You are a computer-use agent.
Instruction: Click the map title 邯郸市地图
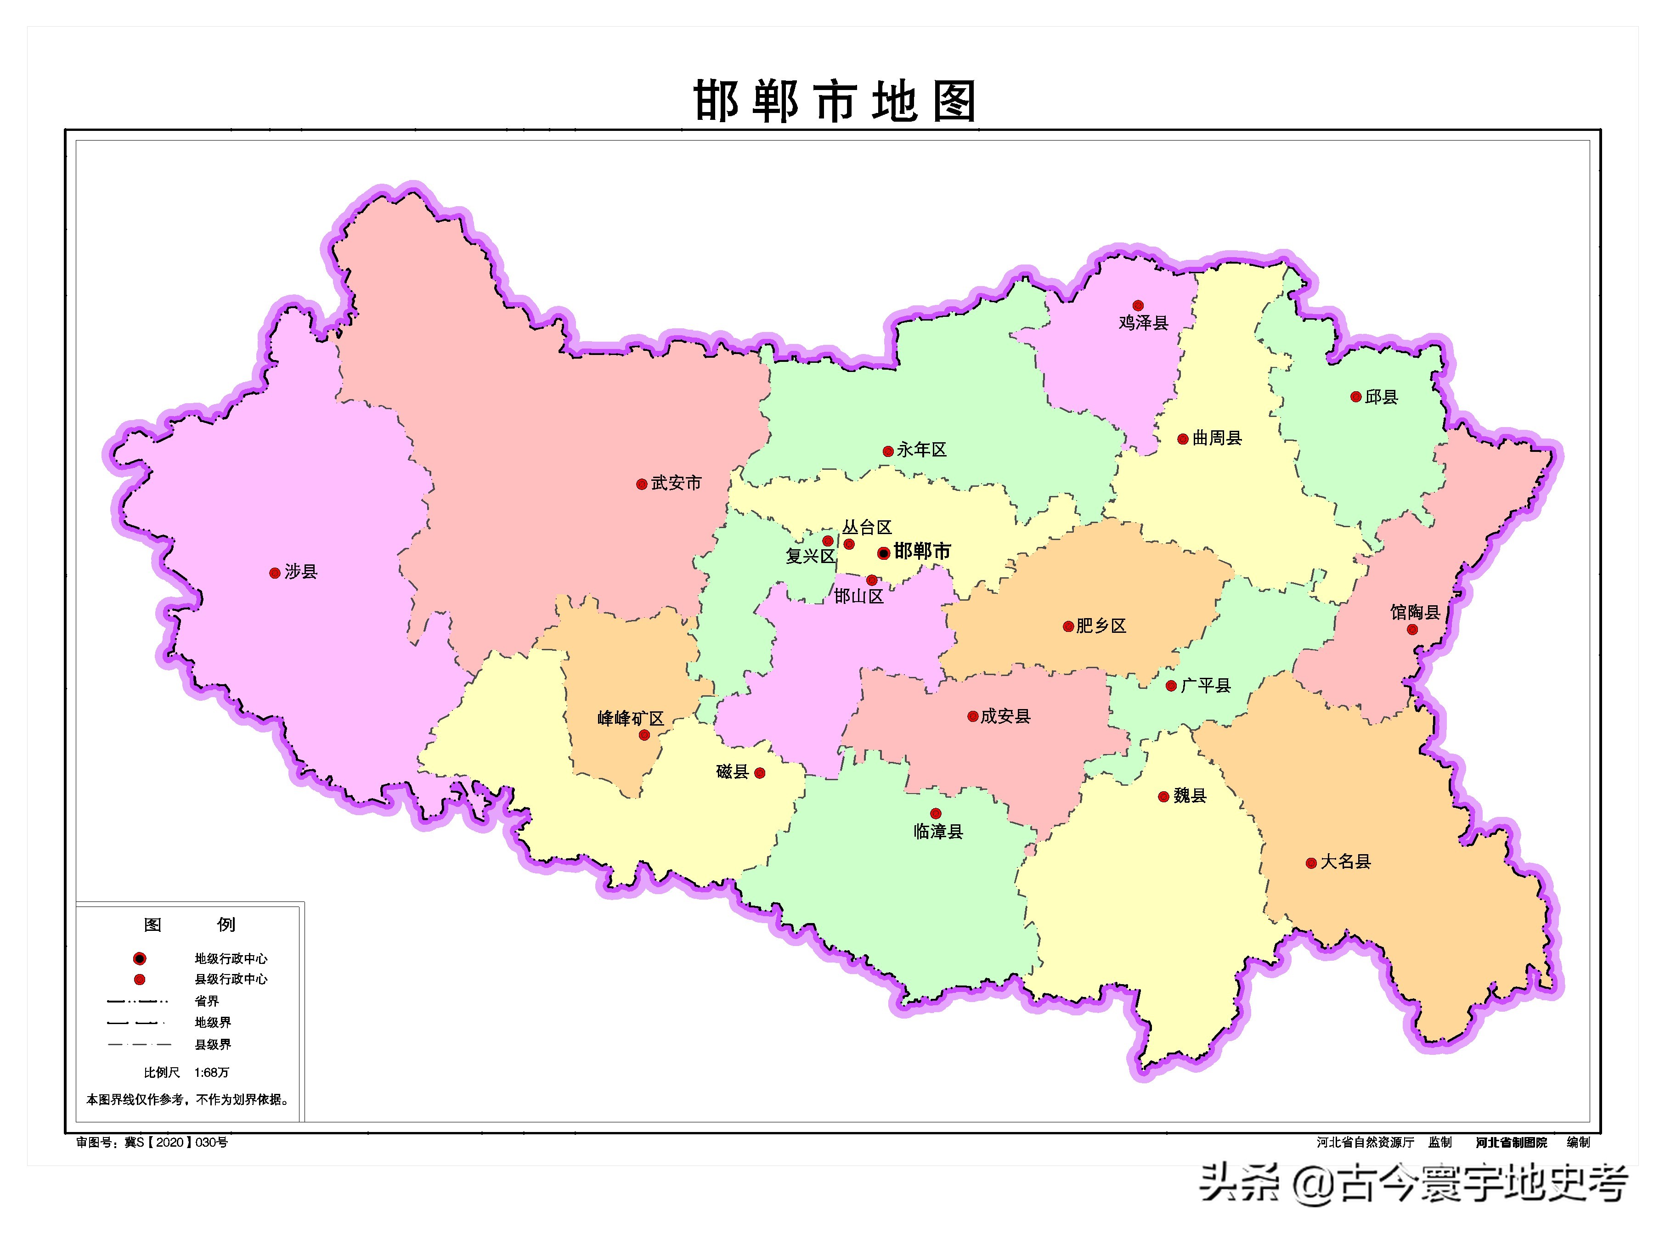pos(834,101)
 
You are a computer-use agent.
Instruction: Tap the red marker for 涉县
pos(275,573)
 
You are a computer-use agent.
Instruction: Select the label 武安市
pos(676,483)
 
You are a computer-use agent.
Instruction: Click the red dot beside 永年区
pos(888,451)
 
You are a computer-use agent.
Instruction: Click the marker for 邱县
pos(1356,397)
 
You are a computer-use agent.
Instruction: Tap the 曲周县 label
pos(1217,438)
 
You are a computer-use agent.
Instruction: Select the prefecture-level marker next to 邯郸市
pos(884,553)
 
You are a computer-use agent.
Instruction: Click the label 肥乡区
pos(1101,625)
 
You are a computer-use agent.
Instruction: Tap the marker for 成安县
pos(973,717)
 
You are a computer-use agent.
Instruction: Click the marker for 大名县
pos(1311,864)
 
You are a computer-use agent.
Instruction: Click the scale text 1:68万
pos(211,1072)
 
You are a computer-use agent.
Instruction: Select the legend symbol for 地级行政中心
pos(140,958)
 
